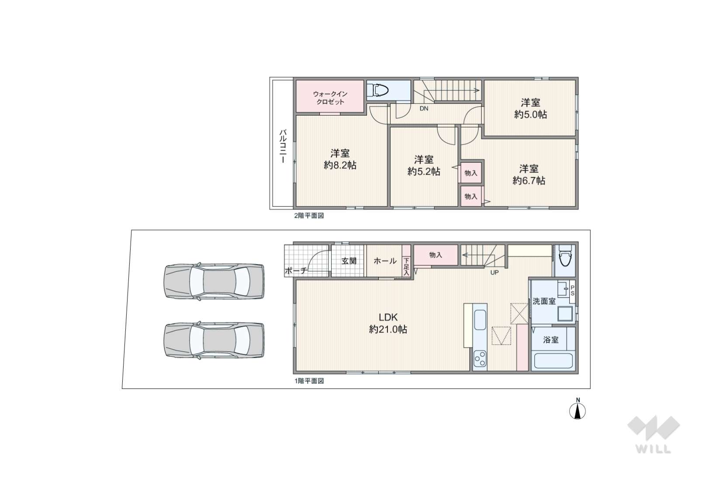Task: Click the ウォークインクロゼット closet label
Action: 330,98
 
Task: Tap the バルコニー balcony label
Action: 283,146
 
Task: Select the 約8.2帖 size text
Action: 340,165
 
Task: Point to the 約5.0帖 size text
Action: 530,114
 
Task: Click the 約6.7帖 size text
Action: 529,180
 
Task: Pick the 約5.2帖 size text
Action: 423,172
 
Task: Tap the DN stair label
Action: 424,109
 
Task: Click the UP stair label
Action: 495,273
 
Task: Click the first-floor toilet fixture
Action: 565,256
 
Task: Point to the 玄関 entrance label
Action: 349,261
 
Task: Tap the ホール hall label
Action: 385,261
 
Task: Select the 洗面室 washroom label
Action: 544,301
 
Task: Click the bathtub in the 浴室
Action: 553,360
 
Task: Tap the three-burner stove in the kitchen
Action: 480,359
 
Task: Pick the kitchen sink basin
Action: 480,319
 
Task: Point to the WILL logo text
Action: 654,449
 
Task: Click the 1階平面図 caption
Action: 309,381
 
